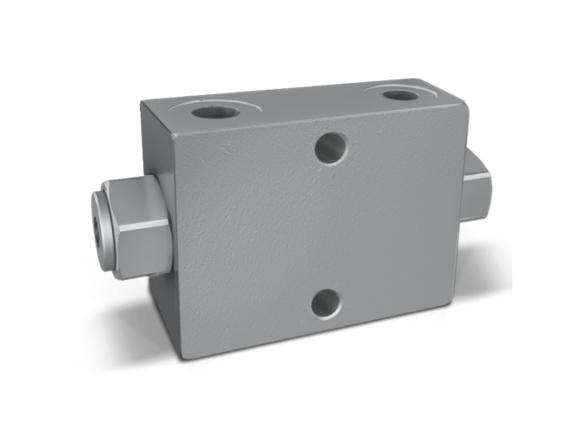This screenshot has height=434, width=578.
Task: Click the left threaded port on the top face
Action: (x=215, y=113)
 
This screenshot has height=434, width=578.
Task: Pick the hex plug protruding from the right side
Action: (x=477, y=184)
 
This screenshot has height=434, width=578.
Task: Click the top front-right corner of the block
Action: (x=467, y=107)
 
